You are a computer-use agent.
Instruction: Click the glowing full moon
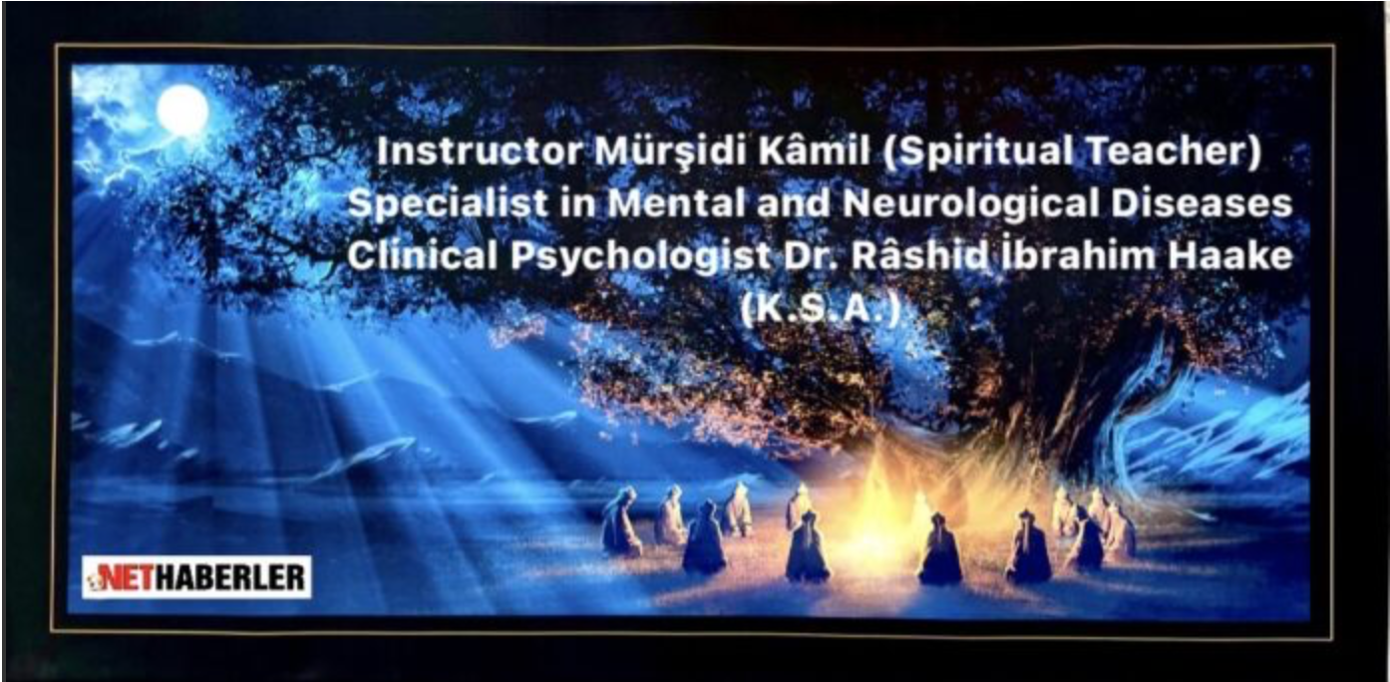pos(182,110)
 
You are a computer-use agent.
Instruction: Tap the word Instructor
pos(480,153)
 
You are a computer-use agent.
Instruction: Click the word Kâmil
pos(813,152)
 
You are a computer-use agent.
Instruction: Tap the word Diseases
pos(1202,204)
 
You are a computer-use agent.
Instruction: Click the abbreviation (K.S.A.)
pos(821,308)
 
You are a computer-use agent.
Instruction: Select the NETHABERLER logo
pos(196,577)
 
